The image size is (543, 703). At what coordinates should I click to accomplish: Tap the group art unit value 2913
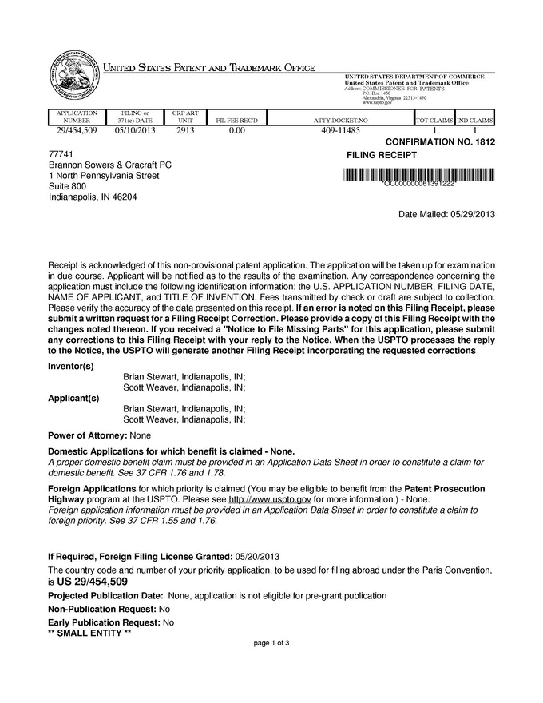pyautogui.click(x=184, y=129)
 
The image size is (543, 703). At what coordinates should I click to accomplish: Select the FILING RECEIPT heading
pyautogui.click(x=381, y=154)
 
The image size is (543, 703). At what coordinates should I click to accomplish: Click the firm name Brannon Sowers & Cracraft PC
pyautogui.click(x=110, y=165)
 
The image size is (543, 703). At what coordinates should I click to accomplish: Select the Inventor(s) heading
pyautogui.click(x=71, y=366)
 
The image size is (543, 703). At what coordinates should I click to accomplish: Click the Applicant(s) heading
pyautogui.click(x=73, y=398)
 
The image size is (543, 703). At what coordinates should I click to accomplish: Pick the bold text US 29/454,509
pyautogui.click(x=92, y=582)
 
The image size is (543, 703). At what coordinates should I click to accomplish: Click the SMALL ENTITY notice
pyautogui.click(x=89, y=632)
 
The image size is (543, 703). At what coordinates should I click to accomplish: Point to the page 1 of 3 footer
pyautogui.click(x=271, y=642)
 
